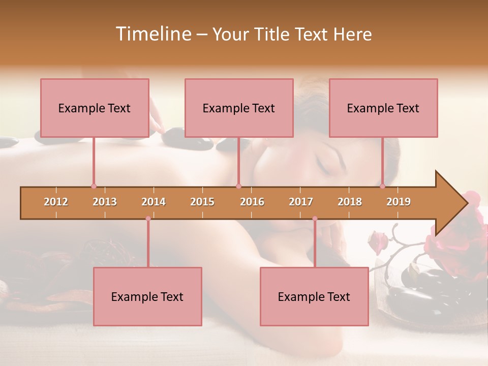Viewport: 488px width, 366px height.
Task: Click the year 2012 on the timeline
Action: coord(56,202)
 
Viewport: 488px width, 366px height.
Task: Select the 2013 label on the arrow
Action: coord(105,202)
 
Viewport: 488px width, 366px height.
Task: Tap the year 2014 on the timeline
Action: coord(154,202)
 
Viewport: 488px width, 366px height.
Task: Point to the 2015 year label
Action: coord(202,202)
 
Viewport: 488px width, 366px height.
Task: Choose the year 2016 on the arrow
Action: coord(252,202)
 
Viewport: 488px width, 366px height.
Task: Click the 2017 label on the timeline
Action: coord(301,202)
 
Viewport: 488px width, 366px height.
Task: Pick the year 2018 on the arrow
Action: coord(350,202)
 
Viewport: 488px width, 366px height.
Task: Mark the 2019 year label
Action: coord(399,202)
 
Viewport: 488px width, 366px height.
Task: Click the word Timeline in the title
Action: coord(152,34)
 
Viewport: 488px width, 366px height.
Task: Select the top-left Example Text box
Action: coord(95,108)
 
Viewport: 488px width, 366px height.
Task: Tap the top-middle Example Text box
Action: coord(239,108)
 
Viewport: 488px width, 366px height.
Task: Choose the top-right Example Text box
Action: coord(383,108)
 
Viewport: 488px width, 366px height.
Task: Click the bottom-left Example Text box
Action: coord(147,296)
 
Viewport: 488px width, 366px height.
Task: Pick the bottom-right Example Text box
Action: coord(314,296)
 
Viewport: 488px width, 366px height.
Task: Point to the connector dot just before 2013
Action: coord(94,187)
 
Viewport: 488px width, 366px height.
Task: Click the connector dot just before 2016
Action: coord(238,187)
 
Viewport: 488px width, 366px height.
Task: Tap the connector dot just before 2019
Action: coord(383,187)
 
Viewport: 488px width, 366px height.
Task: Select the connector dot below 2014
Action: coord(148,219)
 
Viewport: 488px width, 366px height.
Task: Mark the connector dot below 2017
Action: coord(315,219)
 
